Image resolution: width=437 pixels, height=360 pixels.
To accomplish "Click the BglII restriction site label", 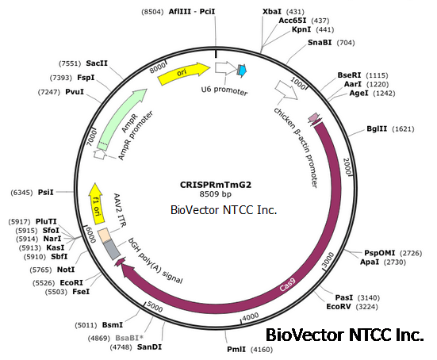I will (378, 128).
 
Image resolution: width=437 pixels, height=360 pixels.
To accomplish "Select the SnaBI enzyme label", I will (319, 43).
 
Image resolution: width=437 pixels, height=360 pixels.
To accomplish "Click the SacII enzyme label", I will (97, 62).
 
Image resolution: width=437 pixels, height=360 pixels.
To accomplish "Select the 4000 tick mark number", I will (249, 317).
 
